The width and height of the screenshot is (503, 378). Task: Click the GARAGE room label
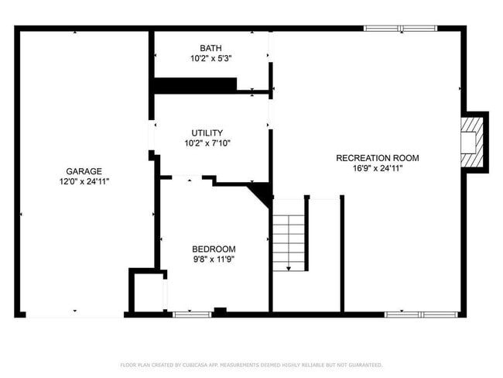click(x=84, y=171)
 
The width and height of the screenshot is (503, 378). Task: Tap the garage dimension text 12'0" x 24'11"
click(x=84, y=181)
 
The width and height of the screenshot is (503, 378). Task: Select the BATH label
click(x=210, y=48)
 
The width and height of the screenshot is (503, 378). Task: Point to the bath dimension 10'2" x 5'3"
click(x=210, y=58)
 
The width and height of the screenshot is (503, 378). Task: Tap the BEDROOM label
click(x=214, y=249)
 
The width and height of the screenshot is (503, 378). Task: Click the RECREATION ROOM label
click(x=377, y=158)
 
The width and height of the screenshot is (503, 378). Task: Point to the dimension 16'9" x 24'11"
click(x=377, y=168)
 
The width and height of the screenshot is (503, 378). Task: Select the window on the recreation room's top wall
click(x=400, y=29)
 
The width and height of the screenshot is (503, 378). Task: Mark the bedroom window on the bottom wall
click(x=191, y=314)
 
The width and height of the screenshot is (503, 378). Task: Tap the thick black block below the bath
click(x=195, y=84)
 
